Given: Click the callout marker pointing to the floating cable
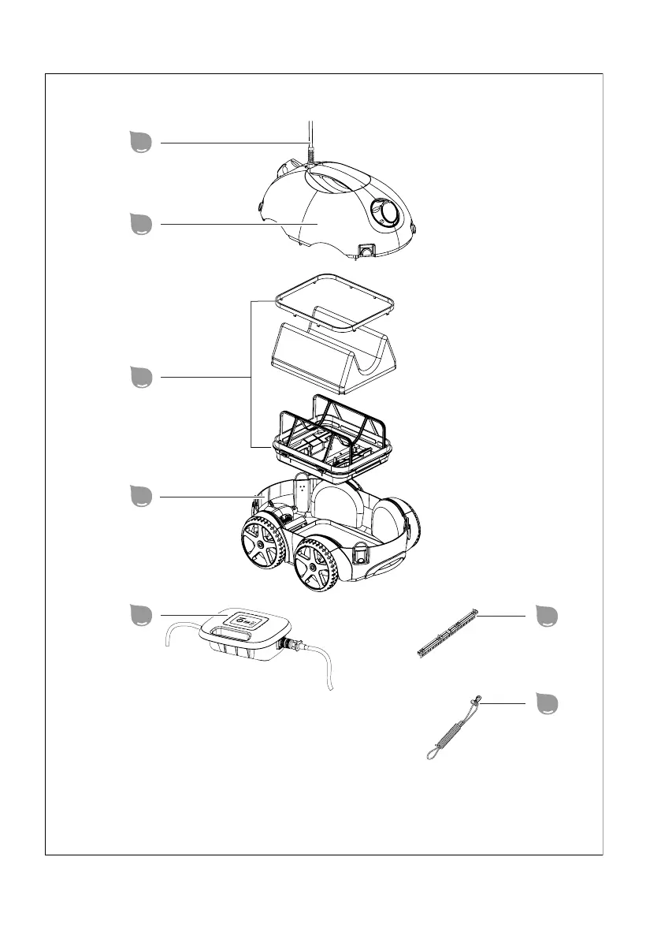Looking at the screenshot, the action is point(142,142).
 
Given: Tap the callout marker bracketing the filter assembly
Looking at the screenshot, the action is point(142,378).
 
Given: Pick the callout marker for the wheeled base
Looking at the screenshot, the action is point(142,497).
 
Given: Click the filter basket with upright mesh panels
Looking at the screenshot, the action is point(331,438).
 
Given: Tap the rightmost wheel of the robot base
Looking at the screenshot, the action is point(319,565).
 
